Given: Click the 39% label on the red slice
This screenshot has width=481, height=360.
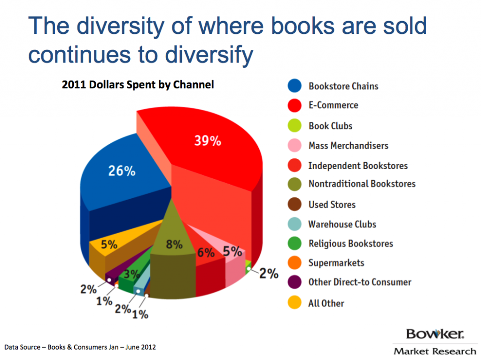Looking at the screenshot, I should point(207,141).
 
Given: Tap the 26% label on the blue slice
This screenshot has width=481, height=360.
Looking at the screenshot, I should point(122,171).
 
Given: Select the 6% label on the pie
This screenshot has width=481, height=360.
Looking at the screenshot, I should point(206,252).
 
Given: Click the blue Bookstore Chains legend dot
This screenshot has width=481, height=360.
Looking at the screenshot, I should point(295,86).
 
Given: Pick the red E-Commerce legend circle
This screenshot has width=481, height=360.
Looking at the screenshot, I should point(295,106).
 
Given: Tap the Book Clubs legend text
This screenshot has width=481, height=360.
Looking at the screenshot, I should point(330,126).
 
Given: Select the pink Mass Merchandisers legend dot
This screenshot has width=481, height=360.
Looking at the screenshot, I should point(295,146).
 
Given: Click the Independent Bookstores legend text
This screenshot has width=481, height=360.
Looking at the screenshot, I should point(358,165).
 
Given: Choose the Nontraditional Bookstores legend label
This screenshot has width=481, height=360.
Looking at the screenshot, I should point(362,184).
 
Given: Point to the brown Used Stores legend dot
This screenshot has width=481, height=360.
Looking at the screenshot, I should point(295,204).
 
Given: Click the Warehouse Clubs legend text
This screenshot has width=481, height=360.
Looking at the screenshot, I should point(342,224).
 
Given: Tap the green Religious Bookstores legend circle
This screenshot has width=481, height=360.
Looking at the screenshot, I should point(295,243).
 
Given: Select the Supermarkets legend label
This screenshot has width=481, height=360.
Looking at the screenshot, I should point(336,263).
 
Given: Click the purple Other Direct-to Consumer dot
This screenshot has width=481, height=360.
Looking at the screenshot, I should point(295,282).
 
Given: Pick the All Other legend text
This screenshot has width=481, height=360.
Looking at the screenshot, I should point(326,303).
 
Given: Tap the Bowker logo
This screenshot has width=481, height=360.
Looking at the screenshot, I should point(435,335).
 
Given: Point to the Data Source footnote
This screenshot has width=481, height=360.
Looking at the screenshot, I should point(80,347).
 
